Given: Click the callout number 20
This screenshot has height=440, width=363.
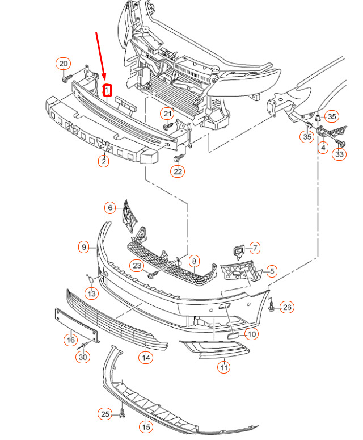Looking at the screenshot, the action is click(64, 64).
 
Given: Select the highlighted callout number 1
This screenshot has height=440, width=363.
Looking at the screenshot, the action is click(107, 90).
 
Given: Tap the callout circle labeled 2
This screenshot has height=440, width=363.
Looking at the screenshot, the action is click(104, 161).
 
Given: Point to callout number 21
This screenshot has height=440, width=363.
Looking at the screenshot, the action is click(167, 114).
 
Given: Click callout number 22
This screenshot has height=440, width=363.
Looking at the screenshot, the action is click(178, 171).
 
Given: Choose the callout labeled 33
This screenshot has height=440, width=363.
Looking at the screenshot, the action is click(339, 154).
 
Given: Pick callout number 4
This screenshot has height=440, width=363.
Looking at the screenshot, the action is click(323, 147).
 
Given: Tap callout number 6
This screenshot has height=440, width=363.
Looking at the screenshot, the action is click(110, 208).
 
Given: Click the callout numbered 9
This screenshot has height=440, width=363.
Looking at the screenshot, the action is click(84, 247).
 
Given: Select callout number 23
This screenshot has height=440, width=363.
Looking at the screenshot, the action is click(137, 266).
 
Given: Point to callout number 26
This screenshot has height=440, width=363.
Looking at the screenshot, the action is click(287, 307).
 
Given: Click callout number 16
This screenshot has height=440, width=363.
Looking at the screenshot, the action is click(70, 340).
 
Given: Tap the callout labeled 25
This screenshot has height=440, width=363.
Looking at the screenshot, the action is click(105, 414).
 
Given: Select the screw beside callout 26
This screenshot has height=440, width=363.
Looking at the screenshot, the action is click(271, 307).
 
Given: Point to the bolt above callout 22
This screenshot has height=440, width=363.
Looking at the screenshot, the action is click(179, 157).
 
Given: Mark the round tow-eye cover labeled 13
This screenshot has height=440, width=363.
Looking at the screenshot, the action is click(91, 279).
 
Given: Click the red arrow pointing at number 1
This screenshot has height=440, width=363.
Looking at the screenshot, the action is click(101, 56).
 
